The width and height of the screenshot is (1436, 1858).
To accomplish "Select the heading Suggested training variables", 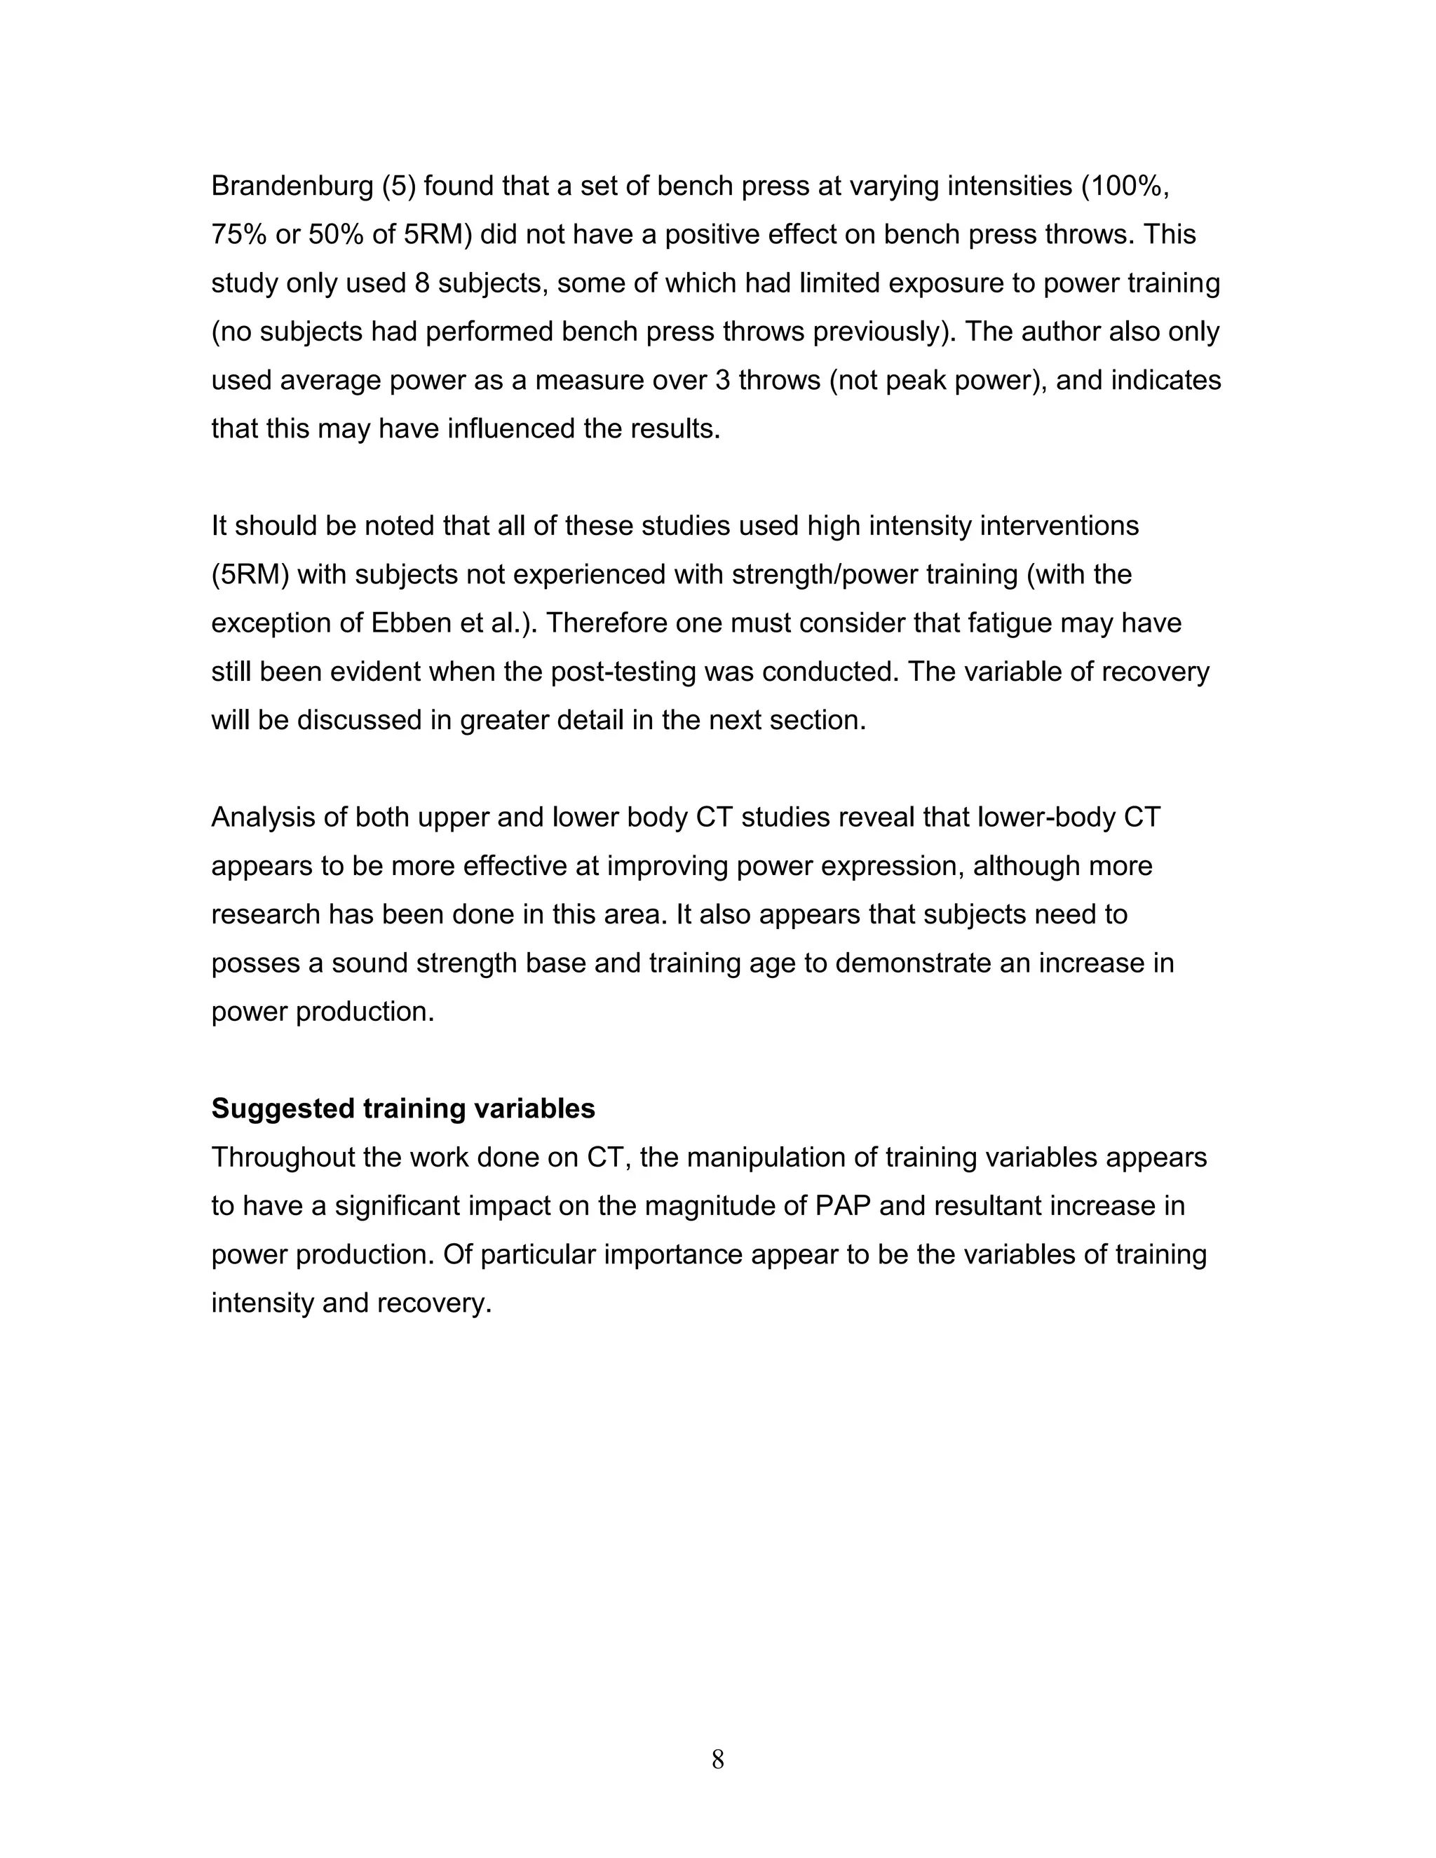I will tap(403, 1108).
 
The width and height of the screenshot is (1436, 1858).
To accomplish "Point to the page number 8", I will tap(717, 1758).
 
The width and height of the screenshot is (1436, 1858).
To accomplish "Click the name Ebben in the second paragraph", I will tap(405, 623).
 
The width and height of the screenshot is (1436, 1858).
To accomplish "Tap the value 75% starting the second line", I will tap(238, 235).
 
